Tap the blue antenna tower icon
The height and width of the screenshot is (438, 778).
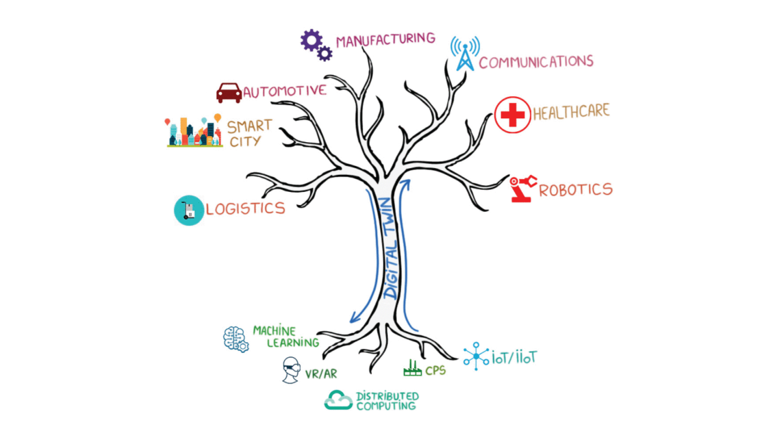click(465, 55)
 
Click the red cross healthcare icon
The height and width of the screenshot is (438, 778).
click(512, 115)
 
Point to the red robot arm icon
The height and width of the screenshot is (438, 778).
click(523, 188)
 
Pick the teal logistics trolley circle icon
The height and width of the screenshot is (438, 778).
click(189, 210)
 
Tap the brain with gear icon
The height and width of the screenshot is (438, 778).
click(236, 339)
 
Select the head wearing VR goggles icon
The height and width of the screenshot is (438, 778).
click(291, 370)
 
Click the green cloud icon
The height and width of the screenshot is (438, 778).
click(338, 400)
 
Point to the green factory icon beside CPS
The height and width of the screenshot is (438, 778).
click(412, 368)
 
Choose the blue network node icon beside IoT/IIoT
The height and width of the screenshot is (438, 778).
click(476, 356)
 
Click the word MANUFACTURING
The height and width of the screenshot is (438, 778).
click(385, 40)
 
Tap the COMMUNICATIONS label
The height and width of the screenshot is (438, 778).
click(536, 62)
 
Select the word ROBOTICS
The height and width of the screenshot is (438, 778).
click(575, 190)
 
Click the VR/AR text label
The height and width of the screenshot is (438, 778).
click(321, 374)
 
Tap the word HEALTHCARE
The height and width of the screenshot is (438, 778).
click(571, 112)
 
